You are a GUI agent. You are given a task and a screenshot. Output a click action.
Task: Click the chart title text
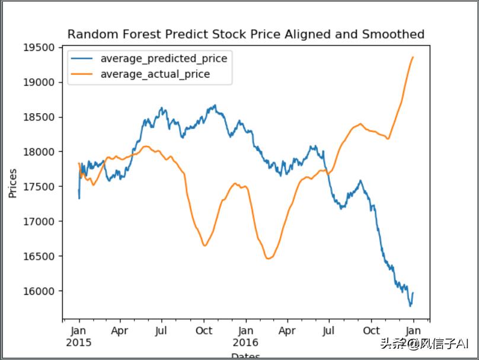(245, 34)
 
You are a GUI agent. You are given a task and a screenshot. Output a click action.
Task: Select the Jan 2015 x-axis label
(79, 336)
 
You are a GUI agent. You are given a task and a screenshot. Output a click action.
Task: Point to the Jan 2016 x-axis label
(245, 336)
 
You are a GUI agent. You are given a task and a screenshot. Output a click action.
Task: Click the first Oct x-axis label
(204, 330)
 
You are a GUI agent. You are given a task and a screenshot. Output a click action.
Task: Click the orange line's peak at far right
(413, 57)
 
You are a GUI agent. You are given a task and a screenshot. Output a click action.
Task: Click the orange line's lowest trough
(268, 259)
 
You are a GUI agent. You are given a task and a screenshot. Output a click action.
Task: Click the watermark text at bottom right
(424, 343)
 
